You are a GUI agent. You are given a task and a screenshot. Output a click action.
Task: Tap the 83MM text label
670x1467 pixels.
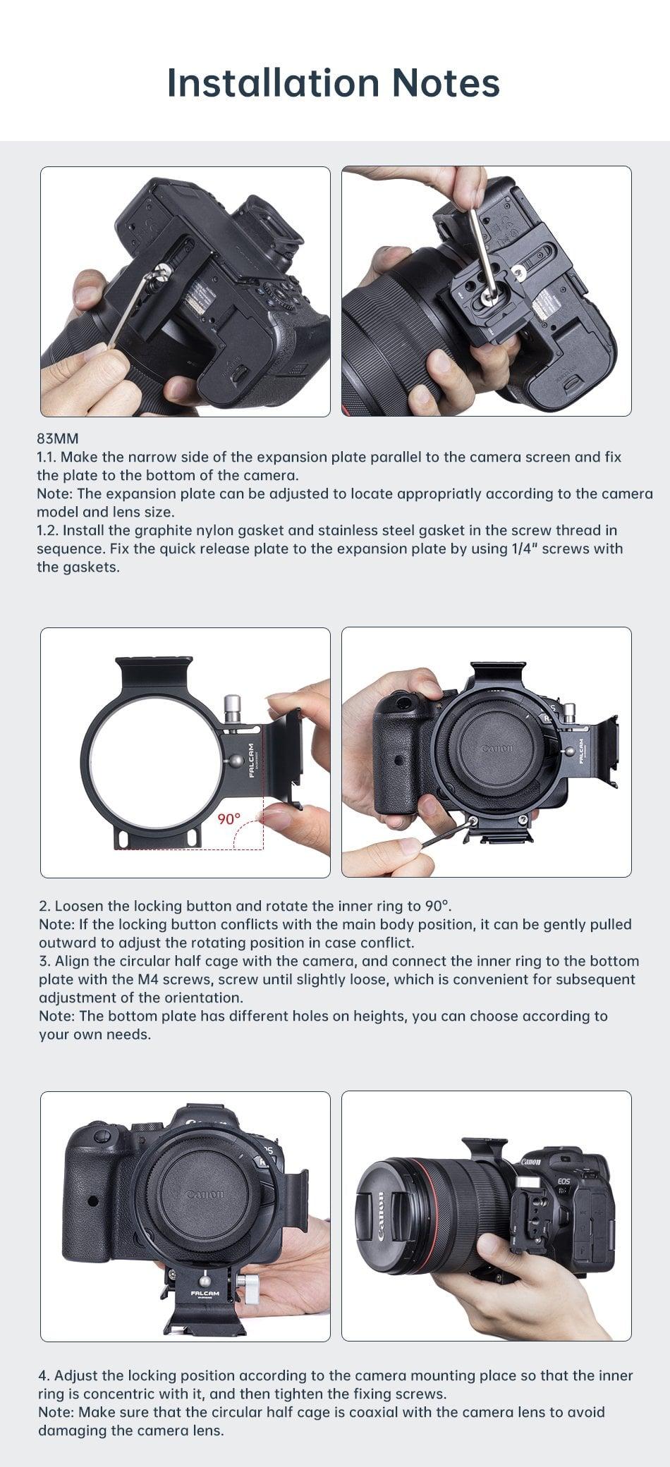[58, 438]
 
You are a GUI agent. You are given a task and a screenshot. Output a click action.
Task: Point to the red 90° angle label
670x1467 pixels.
[229, 818]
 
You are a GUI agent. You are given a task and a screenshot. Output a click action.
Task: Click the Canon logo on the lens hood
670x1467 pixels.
[381, 1216]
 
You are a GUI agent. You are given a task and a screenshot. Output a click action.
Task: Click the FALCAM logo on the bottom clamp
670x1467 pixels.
[205, 1294]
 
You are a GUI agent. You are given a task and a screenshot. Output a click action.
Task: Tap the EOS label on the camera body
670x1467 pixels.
[564, 1181]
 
